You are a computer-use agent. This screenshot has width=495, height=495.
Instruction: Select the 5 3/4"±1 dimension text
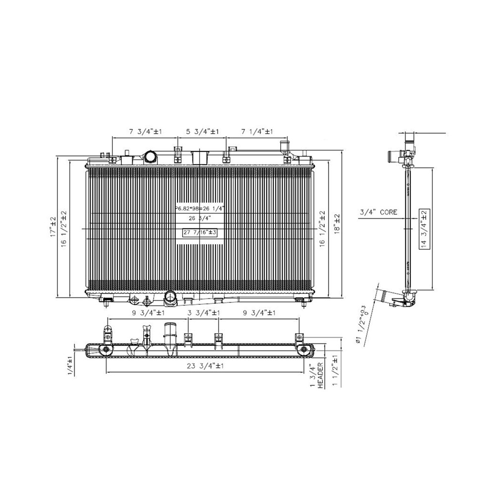[202, 132]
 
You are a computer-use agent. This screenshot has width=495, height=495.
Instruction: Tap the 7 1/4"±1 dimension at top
[257, 132]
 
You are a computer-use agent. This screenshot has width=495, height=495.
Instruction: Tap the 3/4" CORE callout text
[379, 212]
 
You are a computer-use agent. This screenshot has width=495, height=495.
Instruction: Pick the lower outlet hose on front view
[170, 298]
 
